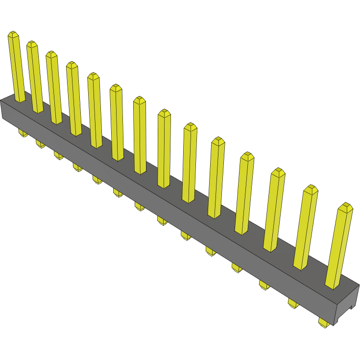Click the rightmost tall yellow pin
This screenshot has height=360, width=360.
pos(339,245)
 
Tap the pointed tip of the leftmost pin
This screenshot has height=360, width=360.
pos(13,34)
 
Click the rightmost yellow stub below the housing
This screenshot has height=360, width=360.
pos(324,322)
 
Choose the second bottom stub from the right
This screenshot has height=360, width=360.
pos(293,303)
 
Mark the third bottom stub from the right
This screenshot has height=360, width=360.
pos(264,285)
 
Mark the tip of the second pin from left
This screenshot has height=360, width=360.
pos(32,44)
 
